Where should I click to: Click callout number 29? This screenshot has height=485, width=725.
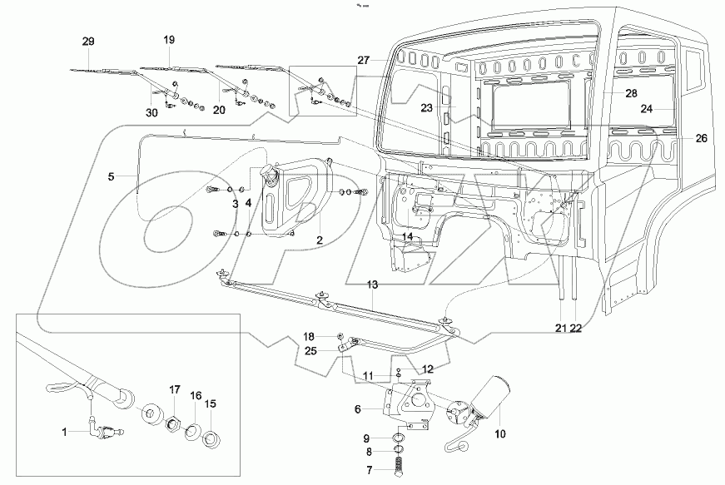point(89,41)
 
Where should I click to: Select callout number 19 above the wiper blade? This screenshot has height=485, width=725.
point(169,40)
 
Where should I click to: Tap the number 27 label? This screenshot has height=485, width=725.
point(363,60)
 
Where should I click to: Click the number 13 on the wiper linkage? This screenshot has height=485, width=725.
point(373,285)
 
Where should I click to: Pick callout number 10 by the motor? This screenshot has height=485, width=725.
point(499,433)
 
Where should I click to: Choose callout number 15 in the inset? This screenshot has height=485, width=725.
point(211,403)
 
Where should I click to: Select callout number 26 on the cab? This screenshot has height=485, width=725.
point(701,138)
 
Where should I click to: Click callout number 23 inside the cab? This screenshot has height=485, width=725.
point(426,107)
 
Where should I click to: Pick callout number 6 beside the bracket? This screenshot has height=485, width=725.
point(357,409)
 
